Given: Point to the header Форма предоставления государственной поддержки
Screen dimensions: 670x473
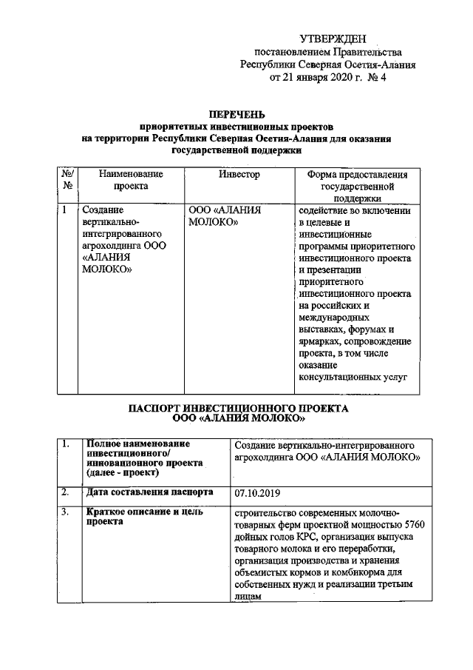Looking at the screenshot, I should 351,186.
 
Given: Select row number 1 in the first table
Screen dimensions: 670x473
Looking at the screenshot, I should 64,210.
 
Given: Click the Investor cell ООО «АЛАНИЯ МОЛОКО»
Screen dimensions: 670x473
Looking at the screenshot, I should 226,216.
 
